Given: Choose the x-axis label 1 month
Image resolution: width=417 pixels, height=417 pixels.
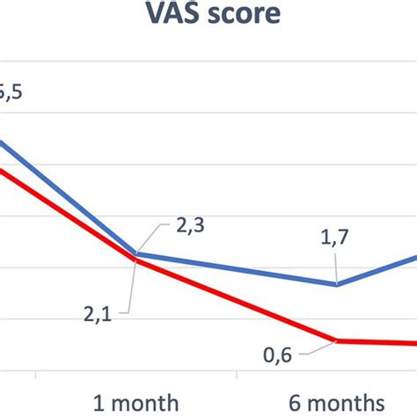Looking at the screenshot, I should tap(136, 400).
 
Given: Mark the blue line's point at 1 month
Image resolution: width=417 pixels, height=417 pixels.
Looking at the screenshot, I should tap(136, 254).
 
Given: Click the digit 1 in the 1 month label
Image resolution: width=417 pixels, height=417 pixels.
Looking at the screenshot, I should tap(99, 400).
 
